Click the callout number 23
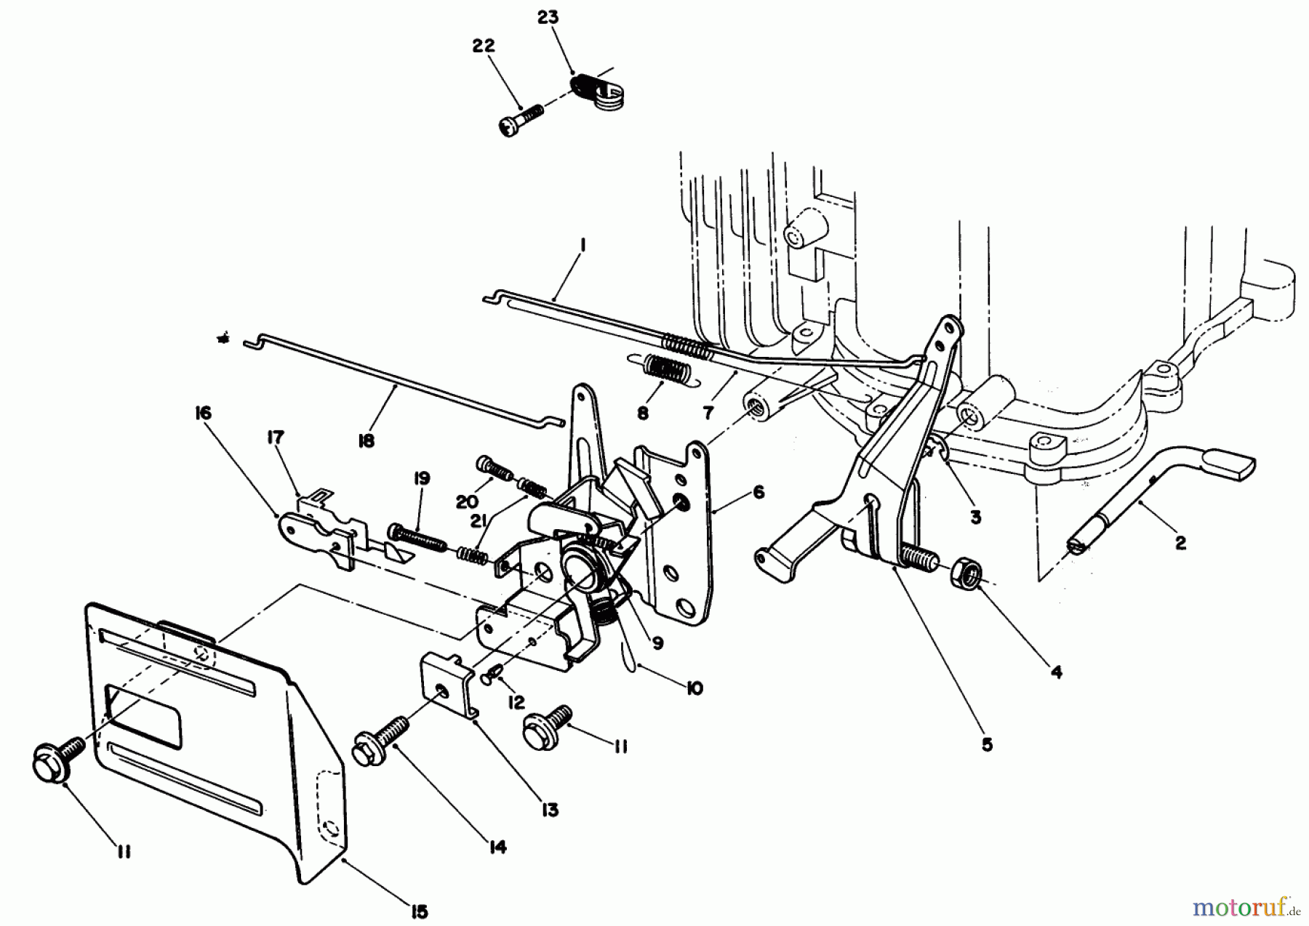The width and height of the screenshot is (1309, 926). pyautogui.click(x=548, y=17)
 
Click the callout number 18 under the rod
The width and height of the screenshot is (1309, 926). pyautogui.click(x=367, y=440)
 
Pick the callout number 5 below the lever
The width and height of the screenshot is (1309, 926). pyautogui.click(x=987, y=745)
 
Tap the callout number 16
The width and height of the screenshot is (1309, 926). pyautogui.click(x=203, y=414)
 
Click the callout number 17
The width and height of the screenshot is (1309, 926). pyautogui.click(x=275, y=437)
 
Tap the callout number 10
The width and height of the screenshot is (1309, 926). pyautogui.click(x=694, y=688)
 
